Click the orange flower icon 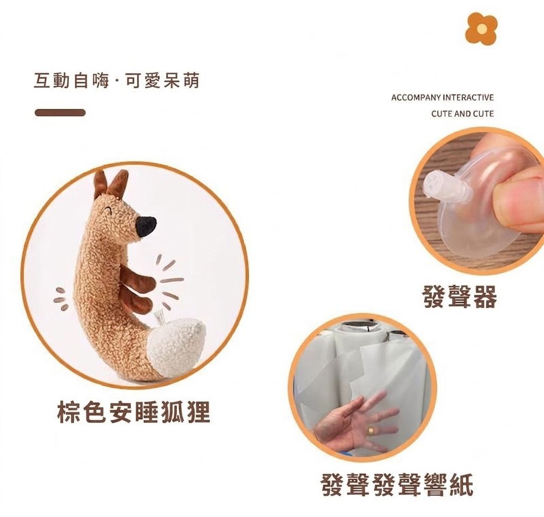click(x=481, y=28)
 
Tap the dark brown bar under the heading click(x=60, y=113)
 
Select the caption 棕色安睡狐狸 click(x=133, y=412)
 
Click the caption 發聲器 click(x=460, y=297)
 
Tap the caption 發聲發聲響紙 click(x=397, y=485)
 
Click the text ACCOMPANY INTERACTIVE click(x=443, y=97)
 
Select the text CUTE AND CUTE click(x=463, y=114)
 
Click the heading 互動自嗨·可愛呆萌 click(x=117, y=81)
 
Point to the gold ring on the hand click(x=371, y=431)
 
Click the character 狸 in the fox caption click(x=199, y=412)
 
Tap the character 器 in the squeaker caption click(x=485, y=297)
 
